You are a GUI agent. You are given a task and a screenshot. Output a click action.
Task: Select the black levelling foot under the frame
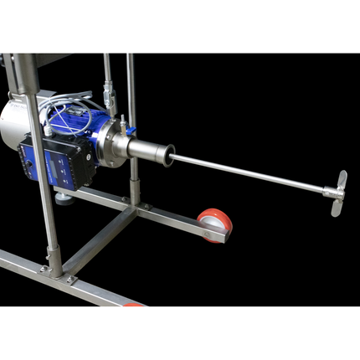pos(64,199)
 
